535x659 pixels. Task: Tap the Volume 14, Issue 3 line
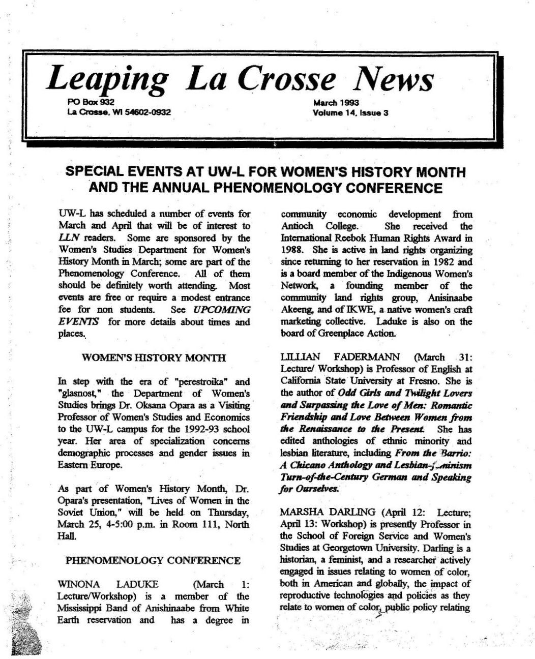click(x=350, y=113)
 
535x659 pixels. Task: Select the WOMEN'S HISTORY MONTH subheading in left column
click(x=154, y=357)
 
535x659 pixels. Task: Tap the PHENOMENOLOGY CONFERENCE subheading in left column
click(x=153, y=561)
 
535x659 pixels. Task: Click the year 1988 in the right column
click(x=292, y=250)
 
